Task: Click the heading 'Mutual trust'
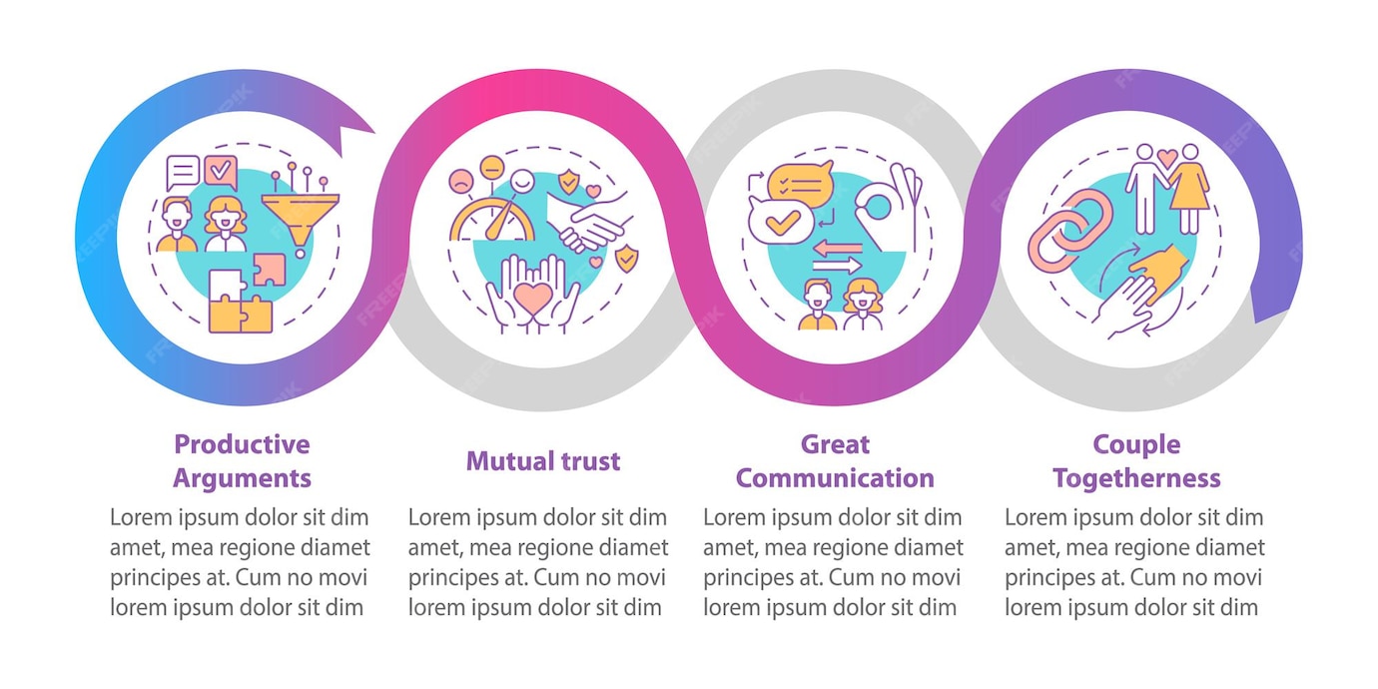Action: [542, 461]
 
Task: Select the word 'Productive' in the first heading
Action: [242, 444]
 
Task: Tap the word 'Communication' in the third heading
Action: [835, 478]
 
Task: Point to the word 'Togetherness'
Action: [1136, 478]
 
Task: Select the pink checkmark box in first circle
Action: [220, 172]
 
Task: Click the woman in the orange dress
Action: [1188, 190]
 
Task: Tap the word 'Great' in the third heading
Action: [835, 444]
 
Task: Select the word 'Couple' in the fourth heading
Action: [1136, 444]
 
